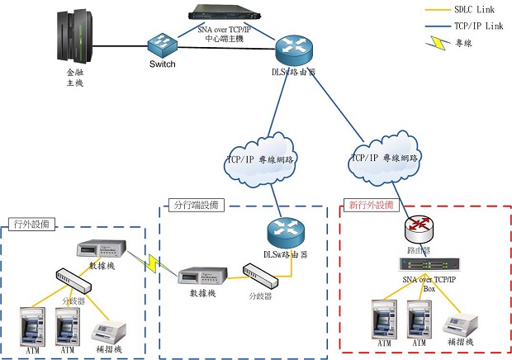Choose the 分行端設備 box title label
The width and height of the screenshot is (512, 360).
[x=195, y=205]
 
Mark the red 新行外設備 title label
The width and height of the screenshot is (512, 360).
[x=372, y=205]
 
